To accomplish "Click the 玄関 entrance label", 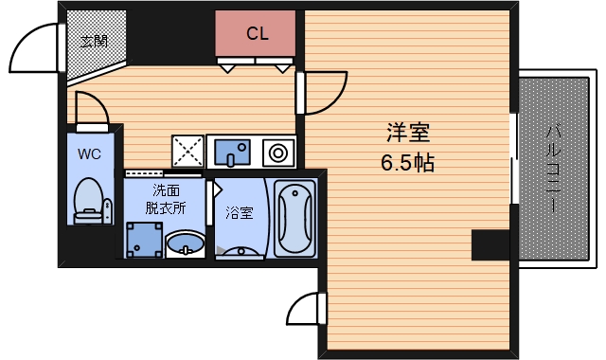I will (93, 41).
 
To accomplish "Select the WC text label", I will (90, 153).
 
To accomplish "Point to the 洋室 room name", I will (406, 132).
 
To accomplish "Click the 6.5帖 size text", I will (407, 163).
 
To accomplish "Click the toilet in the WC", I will (88, 199).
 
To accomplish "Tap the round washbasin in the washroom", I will (185, 245).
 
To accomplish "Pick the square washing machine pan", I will (143, 241).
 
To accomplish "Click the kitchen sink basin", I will (232, 151).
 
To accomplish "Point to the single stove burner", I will (279, 152).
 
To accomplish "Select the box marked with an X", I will (187, 151).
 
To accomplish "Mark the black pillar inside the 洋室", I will (490, 243).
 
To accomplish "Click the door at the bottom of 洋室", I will (306, 310).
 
